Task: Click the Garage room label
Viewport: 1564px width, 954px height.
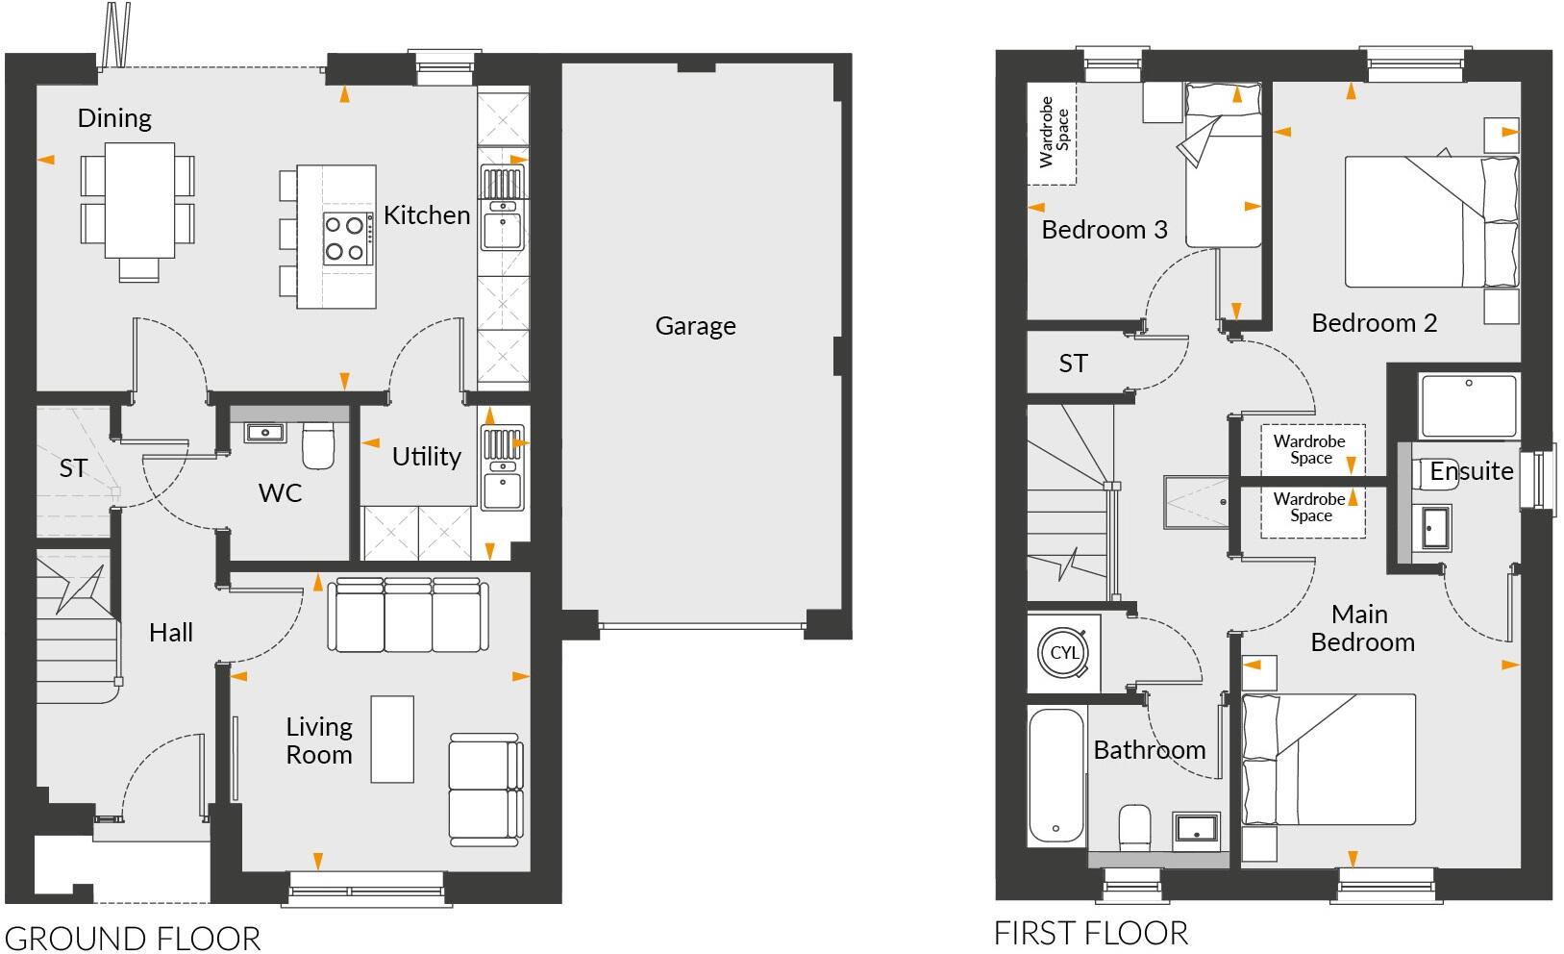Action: point(695,326)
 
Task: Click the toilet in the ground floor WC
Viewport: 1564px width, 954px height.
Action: point(317,446)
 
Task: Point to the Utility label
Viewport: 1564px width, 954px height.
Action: point(426,456)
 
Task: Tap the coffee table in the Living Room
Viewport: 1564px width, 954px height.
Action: point(392,739)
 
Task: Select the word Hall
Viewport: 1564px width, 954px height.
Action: point(171,632)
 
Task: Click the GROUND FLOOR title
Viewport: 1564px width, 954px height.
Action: point(132,938)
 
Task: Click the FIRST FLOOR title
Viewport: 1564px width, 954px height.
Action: point(1090,932)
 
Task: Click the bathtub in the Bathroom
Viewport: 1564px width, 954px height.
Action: point(1057,775)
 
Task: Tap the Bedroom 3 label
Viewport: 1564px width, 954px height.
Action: point(1105,230)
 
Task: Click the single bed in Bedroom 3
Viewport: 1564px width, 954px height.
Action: point(1223,165)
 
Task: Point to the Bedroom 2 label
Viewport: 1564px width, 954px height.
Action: point(1374,323)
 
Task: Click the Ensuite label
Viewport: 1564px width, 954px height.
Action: point(1471,471)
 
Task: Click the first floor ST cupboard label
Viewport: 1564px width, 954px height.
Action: point(1073,364)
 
